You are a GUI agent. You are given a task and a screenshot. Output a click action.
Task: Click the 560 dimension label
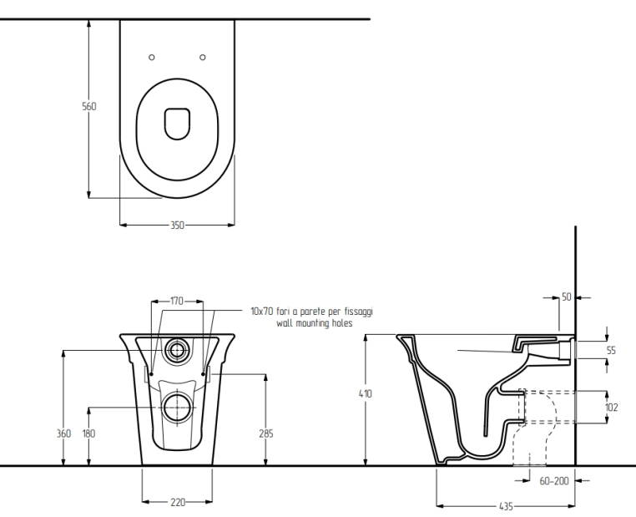89,106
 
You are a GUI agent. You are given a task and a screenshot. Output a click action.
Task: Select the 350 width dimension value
177,225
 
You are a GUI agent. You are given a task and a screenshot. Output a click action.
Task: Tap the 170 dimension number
177,301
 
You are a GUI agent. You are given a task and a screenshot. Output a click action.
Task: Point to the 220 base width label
178,503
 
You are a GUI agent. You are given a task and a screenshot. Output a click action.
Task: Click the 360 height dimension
63,433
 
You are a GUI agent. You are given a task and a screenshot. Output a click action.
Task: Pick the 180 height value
88,433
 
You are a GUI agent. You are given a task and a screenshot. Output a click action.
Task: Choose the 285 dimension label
266,433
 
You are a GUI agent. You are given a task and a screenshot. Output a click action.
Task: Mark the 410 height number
366,393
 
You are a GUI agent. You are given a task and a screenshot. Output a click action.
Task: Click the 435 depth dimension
506,506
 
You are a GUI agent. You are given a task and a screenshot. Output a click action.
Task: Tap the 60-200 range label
554,481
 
